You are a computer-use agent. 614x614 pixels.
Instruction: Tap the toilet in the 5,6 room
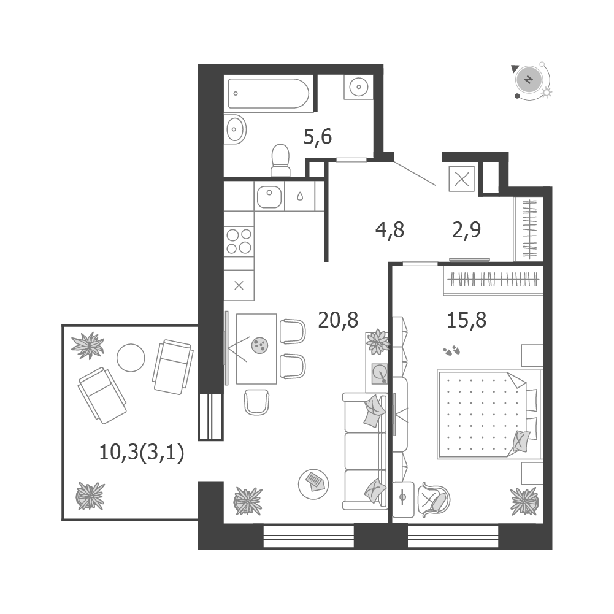(280, 161)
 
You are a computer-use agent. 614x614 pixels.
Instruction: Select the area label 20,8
(339, 320)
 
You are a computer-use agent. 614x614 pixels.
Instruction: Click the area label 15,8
(467, 320)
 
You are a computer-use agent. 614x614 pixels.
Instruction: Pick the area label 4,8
(390, 230)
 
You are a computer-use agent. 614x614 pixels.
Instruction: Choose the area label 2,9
(466, 230)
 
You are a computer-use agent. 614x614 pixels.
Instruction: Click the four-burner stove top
(239, 241)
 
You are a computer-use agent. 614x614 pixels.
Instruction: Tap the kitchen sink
(269, 196)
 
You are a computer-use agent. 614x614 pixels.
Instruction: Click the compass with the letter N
(529, 80)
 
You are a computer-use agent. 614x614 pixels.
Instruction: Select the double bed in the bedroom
(489, 415)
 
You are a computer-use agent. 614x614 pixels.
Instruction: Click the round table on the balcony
(131, 358)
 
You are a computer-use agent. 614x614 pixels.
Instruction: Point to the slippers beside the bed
(451, 350)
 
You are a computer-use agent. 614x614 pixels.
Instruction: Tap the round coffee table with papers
(313, 484)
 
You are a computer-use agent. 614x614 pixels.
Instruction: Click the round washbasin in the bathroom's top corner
(358, 86)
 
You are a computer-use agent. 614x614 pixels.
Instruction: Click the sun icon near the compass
(547, 93)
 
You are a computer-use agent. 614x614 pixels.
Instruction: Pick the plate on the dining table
(259, 345)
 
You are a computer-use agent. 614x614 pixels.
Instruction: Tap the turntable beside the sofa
(379, 374)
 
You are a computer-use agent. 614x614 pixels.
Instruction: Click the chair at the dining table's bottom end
(256, 402)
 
